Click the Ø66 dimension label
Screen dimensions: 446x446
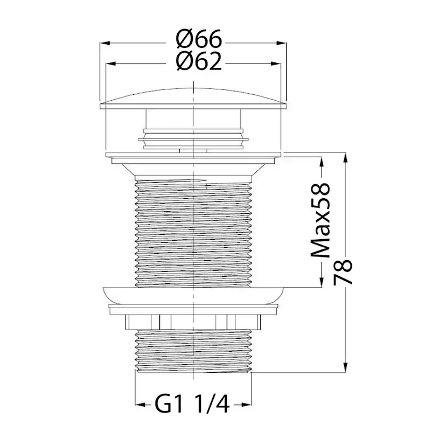point(199,39)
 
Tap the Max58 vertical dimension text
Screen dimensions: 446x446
point(321,221)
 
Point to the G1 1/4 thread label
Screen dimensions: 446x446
point(192,405)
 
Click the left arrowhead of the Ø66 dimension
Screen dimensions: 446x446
point(104,43)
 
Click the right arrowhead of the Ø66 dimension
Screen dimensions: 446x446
point(281,43)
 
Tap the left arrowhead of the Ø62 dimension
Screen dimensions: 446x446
point(111,64)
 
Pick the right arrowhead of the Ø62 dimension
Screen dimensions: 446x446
point(276,64)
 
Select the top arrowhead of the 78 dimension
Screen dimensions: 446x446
point(345,158)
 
